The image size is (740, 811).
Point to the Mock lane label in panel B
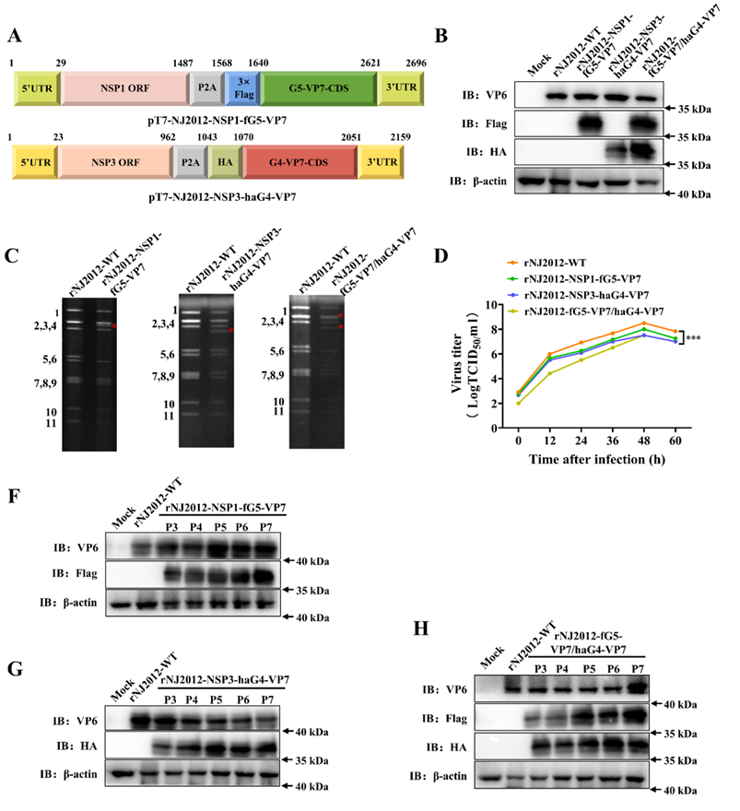pyautogui.click(x=538, y=72)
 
